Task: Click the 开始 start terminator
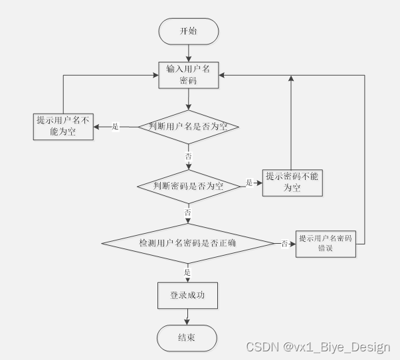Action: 188,31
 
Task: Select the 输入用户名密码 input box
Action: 189,74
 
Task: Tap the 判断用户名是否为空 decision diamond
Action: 188,126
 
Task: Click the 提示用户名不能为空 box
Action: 64,126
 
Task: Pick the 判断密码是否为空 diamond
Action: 188,187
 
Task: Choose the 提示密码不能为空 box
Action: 292,181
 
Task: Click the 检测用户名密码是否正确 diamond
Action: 188,244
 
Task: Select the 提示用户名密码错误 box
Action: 325,244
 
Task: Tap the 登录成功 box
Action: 187,296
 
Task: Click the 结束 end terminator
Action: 187,338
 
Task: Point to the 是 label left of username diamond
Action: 115,126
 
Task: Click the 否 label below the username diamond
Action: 188,155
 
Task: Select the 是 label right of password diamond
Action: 249,183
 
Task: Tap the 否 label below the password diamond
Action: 188,213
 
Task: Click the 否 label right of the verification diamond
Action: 284,244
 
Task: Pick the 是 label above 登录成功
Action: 187,272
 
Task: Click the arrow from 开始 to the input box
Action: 189,52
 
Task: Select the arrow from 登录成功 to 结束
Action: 187,317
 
